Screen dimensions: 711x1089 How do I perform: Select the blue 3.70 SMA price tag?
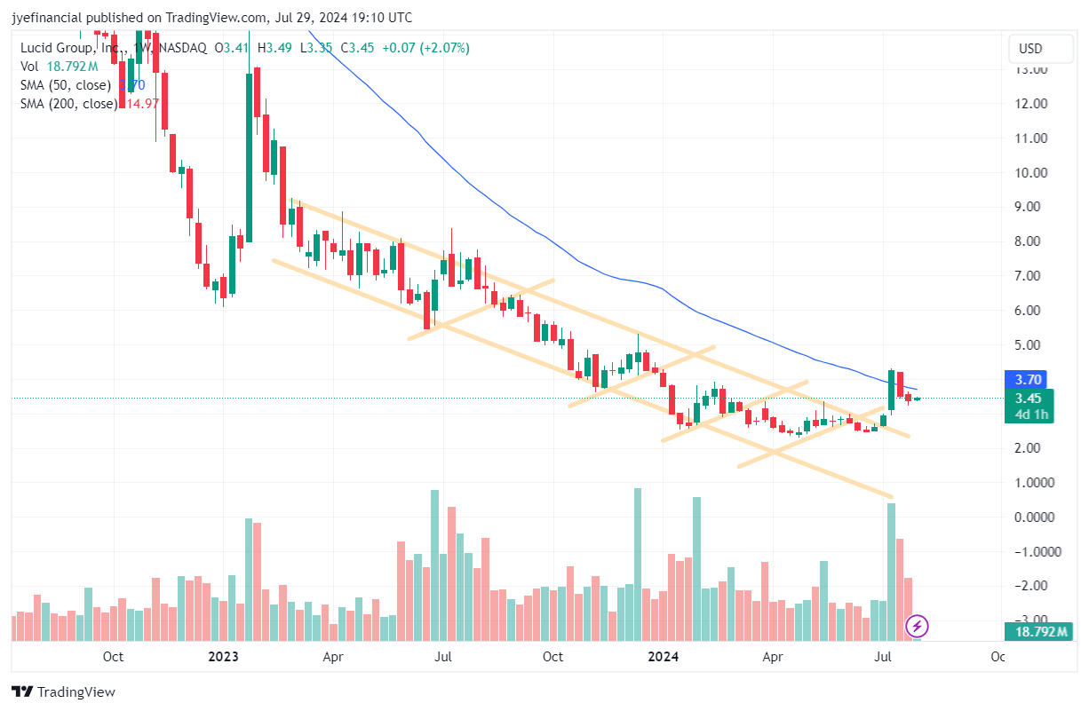1029,379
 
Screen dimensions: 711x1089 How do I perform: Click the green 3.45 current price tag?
1029,399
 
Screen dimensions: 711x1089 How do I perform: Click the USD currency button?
1030,48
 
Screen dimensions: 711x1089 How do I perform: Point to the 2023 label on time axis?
223,658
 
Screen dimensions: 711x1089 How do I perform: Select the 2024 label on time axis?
664,658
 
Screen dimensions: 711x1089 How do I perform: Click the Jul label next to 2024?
883,658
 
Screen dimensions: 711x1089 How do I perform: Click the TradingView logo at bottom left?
64,692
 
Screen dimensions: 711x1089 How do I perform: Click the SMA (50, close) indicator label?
66,85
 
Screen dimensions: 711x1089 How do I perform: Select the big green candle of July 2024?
891,389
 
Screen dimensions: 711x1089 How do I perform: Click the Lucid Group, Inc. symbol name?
70,48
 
